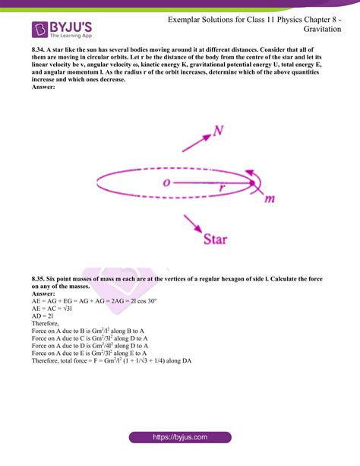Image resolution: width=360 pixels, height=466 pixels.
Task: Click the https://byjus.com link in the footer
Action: (180, 439)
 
